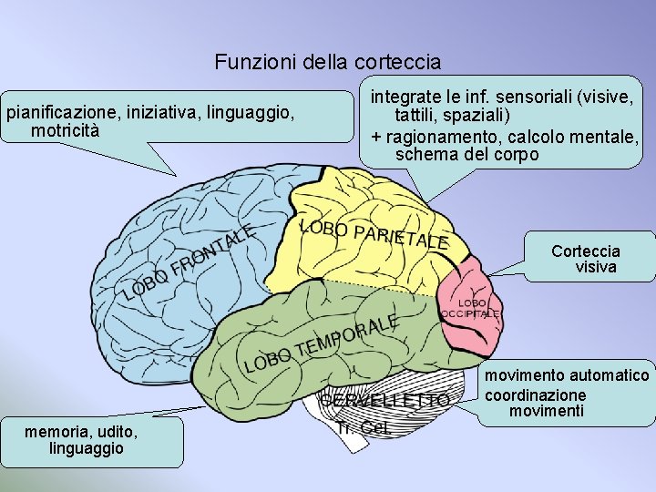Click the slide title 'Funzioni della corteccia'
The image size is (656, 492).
pos(328,63)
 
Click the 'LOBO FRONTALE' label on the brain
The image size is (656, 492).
pos(187,262)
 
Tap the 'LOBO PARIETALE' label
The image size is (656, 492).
pos(373,233)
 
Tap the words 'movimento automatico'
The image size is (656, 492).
pos(567,375)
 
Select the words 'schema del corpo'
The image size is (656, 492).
pos(466,154)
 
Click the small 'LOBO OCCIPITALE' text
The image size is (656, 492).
pos(470,308)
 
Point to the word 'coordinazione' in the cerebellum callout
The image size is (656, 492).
pos(535,395)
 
